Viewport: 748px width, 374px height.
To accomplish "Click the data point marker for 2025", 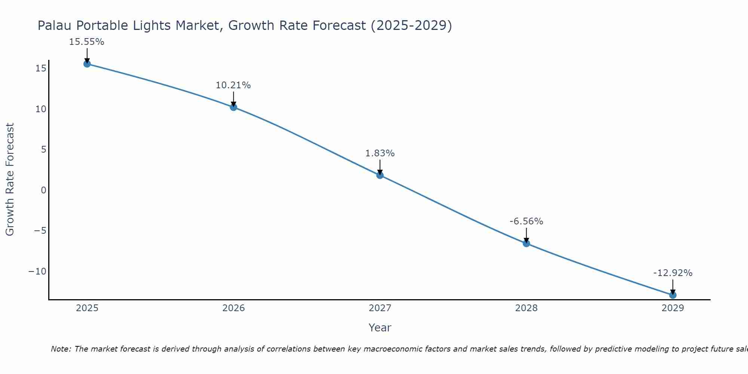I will click(x=87, y=64).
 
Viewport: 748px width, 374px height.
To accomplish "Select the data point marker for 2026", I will click(x=233, y=107).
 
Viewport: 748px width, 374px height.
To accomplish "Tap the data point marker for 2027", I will click(x=380, y=175).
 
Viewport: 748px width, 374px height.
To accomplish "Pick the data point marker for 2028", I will click(x=526, y=243).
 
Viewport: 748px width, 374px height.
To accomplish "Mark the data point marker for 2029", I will click(x=673, y=295).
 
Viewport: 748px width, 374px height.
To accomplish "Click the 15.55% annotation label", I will click(x=86, y=42).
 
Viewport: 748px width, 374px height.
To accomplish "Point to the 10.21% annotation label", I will click(x=233, y=85).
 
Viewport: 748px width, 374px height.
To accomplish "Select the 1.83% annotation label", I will click(x=380, y=153).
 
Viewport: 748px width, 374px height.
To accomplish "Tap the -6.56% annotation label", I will click(x=526, y=221).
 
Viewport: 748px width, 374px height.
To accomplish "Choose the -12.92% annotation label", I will click(x=673, y=273).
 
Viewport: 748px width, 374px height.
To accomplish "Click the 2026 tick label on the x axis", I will click(x=233, y=308).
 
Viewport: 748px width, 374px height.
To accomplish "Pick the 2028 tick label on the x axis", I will click(x=526, y=308).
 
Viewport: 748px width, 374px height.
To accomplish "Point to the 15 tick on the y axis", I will click(x=41, y=68).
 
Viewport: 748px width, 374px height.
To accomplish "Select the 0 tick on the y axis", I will click(x=44, y=190).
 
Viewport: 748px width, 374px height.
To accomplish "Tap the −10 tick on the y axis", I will click(x=37, y=271).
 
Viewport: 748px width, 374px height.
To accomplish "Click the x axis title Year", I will click(x=380, y=328).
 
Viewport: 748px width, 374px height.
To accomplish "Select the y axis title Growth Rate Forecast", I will click(x=10, y=180).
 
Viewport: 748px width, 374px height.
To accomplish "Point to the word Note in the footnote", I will click(x=60, y=349).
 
